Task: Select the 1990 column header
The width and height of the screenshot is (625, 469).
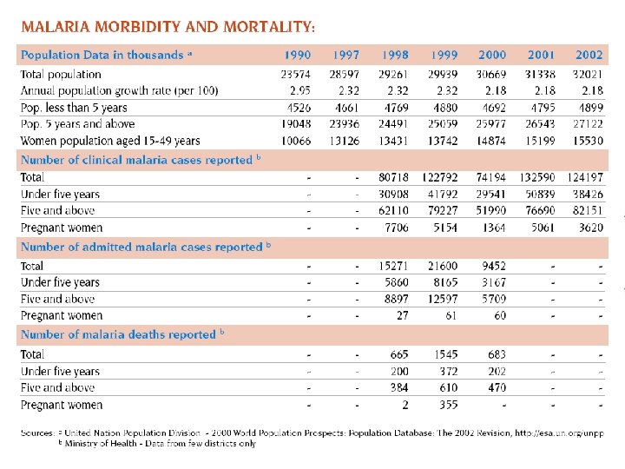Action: click(x=297, y=55)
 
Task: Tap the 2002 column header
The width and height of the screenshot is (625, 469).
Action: click(x=589, y=55)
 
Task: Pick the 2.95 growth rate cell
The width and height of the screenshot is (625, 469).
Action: click(x=299, y=90)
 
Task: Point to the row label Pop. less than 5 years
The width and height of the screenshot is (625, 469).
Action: click(x=74, y=108)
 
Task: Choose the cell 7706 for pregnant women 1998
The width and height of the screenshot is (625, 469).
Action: click(x=396, y=228)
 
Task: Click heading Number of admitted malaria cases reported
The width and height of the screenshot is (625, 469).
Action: click(x=144, y=248)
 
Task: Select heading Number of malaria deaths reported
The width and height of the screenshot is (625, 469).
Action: click(x=122, y=334)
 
